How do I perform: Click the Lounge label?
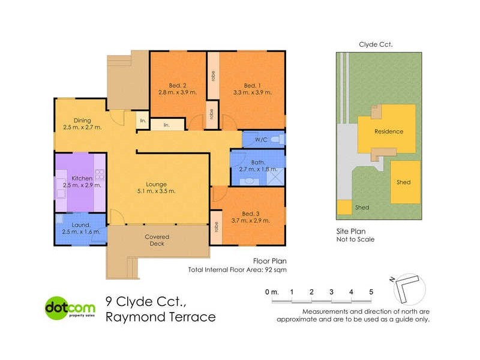154,184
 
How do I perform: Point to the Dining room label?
82,120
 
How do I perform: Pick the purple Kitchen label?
82,178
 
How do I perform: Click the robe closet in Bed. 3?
215,229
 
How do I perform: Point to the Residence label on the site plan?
388,131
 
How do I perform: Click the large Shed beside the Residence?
403,182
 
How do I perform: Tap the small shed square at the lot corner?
344,208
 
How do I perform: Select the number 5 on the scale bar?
371,292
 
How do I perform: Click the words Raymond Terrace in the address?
160,317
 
